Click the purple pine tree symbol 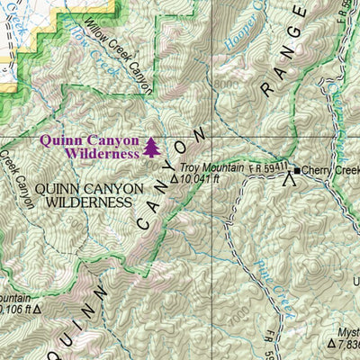pos(150,147)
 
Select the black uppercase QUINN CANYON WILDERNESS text pos(89,195)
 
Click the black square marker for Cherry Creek pos(296,170)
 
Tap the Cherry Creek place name pos(330,170)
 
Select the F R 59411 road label pos(268,166)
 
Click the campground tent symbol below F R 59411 pos(289,183)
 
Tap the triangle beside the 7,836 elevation pos(331,343)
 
